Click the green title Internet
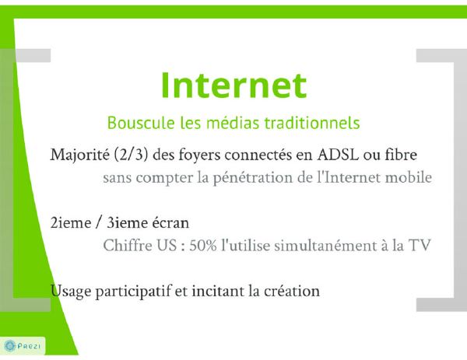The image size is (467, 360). pos(233,85)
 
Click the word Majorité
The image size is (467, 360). pos(80,155)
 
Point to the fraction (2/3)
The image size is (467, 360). pos(131,155)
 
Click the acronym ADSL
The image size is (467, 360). pos(338,155)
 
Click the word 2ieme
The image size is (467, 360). pos(71,223)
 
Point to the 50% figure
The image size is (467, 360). pos(203,246)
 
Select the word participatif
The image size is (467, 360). pos(133,292)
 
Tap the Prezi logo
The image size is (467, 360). pos(23,346)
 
